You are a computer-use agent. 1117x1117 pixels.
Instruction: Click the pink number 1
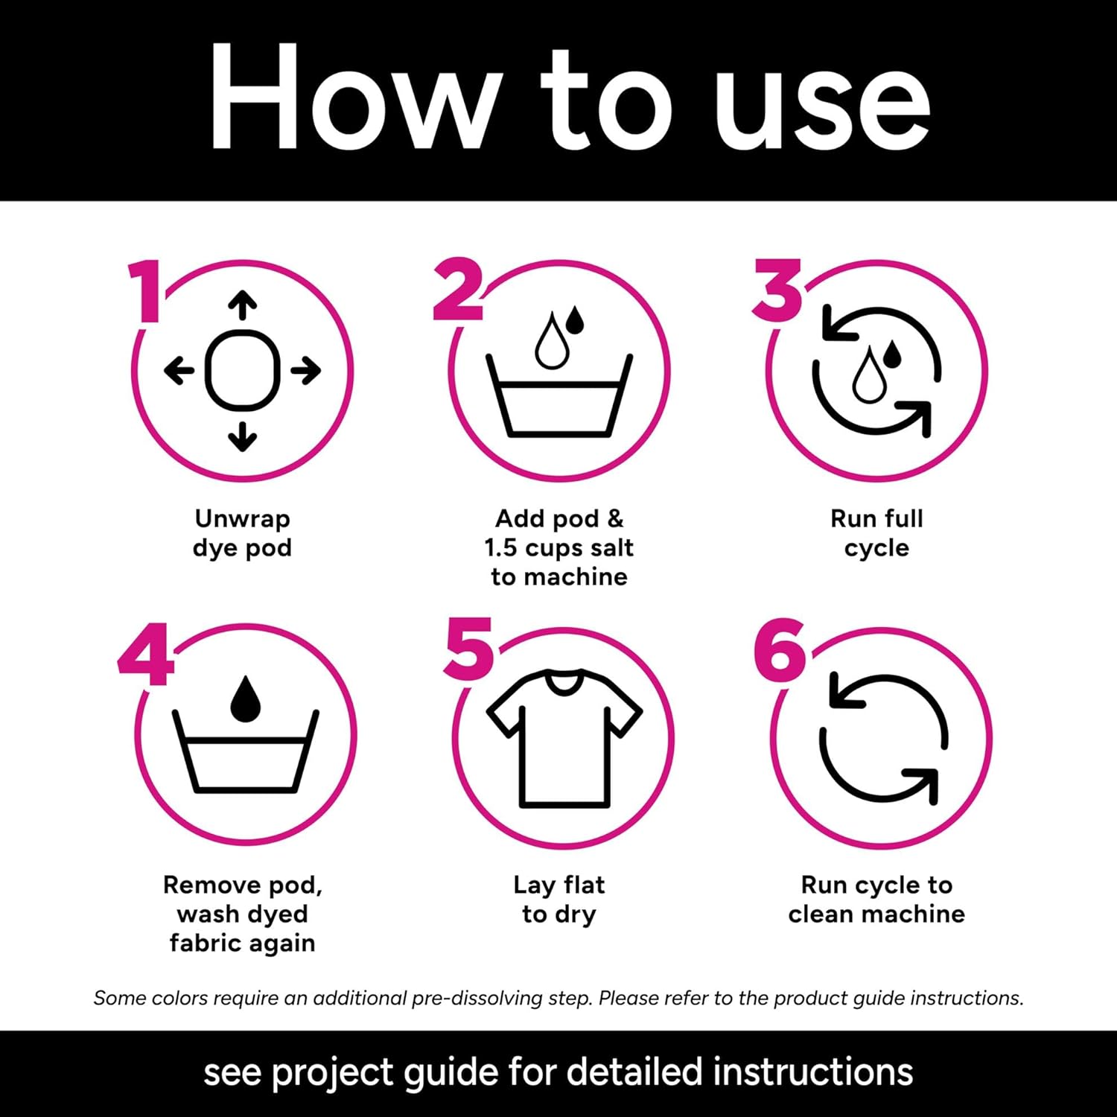(x=146, y=291)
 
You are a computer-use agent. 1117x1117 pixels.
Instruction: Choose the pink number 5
(x=468, y=649)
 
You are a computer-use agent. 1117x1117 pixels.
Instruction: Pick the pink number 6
(x=779, y=650)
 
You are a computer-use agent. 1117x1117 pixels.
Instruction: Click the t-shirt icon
(x=564, y=738)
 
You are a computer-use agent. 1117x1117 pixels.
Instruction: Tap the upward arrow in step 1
(x=242, y=306)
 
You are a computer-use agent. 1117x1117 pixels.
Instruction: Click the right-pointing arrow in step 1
(x=305, y=370)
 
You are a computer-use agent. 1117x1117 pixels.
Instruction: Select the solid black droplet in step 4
(x=245, y=699)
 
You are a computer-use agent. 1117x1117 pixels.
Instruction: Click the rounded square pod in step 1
(x=242, y=370)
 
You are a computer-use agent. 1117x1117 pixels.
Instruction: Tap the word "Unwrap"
(x=242, y=519)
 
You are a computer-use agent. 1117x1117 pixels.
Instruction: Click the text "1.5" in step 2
(x=500, y=547)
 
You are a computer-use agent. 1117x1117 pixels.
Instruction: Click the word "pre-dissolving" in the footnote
(x=477, y=998)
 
